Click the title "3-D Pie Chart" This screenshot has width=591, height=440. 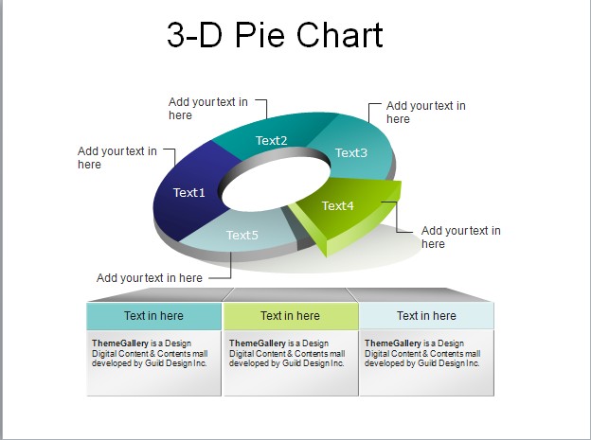point(275,35)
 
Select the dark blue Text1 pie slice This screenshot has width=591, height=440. point(188,193)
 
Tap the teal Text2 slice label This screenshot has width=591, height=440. point(271,141)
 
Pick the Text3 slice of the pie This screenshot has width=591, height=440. point(350,152)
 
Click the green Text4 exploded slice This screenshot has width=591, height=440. point(338,205)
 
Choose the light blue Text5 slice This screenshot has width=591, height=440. point(242,235)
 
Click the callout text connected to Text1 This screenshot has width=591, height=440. point(116,157)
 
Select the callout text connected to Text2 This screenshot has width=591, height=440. point(207,109)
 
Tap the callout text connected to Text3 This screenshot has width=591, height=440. point(425,113)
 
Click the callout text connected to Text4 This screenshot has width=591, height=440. point(460,237)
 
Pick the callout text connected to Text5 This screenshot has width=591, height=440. point(149,278)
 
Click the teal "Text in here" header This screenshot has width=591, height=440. point(153,316)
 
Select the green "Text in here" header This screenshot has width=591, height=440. point(290,316)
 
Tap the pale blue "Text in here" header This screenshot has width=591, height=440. point(426,316)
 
